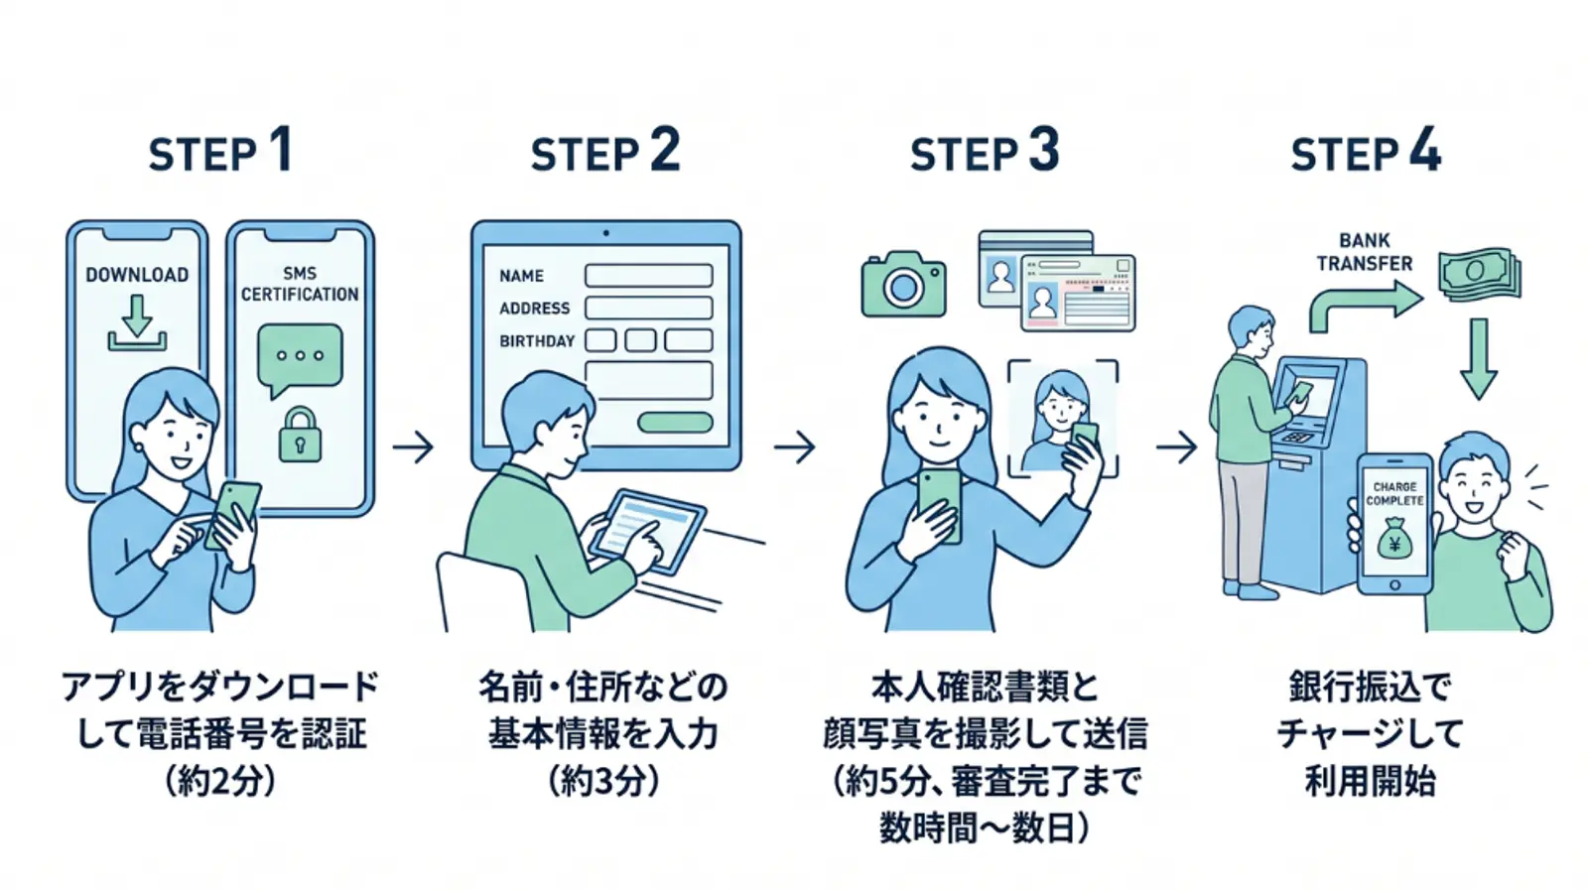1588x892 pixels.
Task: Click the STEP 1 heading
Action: pyautogui.click(x=220, y=153)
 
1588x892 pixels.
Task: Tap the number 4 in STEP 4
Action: pyautogui.click(x=1424, y=151)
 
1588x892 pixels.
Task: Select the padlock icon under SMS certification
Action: pyautogui.click(x=300, y=435)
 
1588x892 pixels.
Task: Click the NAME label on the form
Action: pyautogui.click(x=521, y=276)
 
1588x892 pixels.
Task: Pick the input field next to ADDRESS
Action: pyautogui.click(x=648, y=308)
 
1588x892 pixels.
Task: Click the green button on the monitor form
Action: pyautogui.click(x=675, y=423)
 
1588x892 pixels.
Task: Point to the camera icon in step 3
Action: pyautogui.click(x=903, y=286)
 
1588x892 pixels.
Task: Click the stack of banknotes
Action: pyautogui.click(x=1479, y=272)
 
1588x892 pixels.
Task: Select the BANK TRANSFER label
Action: pyautogui.click(x=1364, y=252)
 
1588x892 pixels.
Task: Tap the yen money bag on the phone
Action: pyautogui.click(x=1394, y=541)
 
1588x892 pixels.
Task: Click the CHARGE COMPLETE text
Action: pyautogui.click(x=1394, y=493)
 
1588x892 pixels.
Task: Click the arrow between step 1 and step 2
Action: pyautogui.click(x=413, y=447)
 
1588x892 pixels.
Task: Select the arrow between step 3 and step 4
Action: pyautogui.click(x=1177, y=447)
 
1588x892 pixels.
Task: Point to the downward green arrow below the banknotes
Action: pyautogui.click(x=1478, y=357)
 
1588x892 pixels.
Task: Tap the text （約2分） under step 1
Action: pyautogui.click(x=220, y=781)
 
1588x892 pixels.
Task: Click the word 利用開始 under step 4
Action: pyautogui.click(x=1370, y=781)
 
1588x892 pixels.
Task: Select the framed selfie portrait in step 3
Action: pyautogui.click(x=1062, y=417)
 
